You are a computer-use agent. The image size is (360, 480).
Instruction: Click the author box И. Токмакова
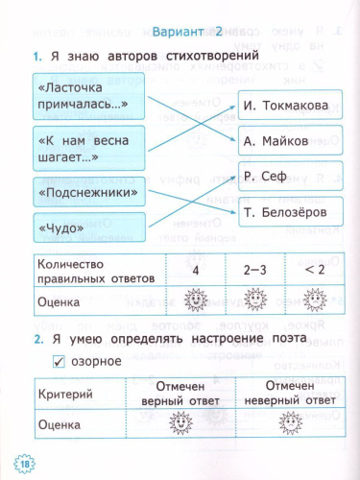click(x=284, y=106)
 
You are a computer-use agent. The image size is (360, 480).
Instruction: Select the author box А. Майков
click(x=284, y=141)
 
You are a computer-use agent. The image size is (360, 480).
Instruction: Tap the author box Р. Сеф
click(x=284, y=176)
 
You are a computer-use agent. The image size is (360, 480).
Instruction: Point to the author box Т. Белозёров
click(x=284, y=211)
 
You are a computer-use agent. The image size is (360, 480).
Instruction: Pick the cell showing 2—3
click(x=254, y=271)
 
